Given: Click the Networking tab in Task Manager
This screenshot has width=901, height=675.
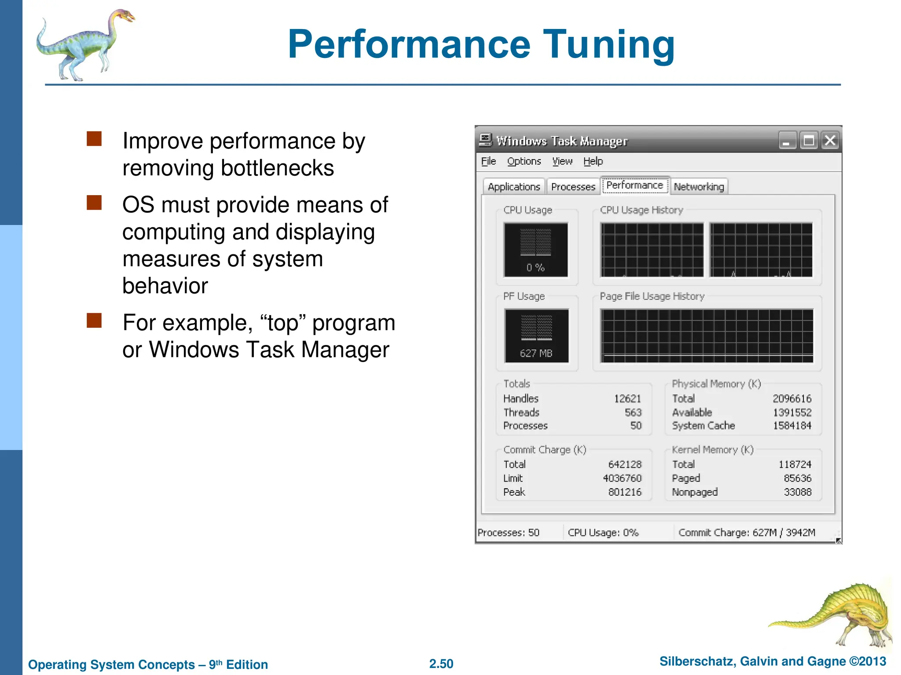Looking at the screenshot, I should click(699, 187).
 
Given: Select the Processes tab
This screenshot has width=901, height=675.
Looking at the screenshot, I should click(573, 187).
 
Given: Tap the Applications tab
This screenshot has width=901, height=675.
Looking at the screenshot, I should click(514, 187).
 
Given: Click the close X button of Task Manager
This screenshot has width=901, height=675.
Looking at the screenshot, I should click(830, 141).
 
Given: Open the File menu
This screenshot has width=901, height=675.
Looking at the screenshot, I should click(488, 161).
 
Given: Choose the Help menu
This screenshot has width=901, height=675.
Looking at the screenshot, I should click(593, 161).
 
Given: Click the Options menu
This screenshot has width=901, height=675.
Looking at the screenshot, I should click(524, 161).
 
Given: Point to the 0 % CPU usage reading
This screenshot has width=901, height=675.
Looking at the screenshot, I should click(535, 268).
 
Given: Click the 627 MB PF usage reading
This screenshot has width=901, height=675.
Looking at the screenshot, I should click(536, 353).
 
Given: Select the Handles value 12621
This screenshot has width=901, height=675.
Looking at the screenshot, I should click(628, 399).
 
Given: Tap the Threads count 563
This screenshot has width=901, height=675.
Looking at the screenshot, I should click(633, 412).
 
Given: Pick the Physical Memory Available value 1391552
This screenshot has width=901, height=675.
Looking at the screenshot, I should click(792, 412).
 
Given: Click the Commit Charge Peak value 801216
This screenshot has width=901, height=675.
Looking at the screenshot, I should click(625, 492).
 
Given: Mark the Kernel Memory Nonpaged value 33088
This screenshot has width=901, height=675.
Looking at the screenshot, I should click(798, 492).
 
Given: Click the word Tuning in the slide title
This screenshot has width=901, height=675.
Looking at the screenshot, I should click(609, 44).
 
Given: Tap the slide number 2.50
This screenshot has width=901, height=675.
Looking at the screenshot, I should click(441, 664).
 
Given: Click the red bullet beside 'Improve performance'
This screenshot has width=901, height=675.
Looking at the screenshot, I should click(94, 139).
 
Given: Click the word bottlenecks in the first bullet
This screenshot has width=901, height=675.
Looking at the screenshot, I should click(277, 168).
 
